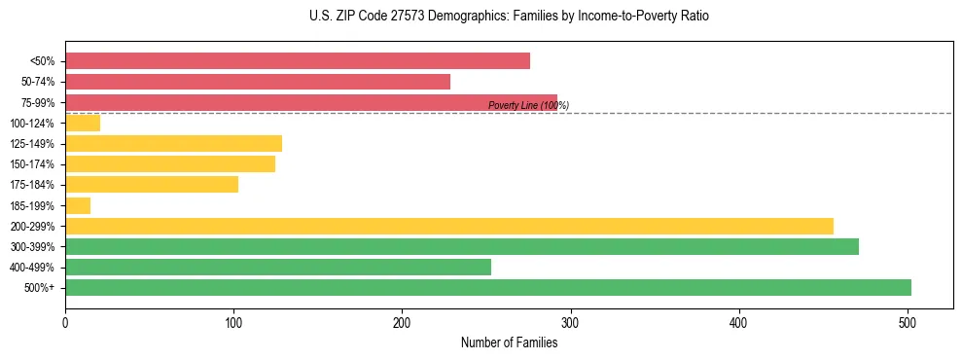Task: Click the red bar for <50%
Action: (x=297, y=61)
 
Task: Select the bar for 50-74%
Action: (x=258, y=82)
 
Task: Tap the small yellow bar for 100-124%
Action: (x=83, y=123)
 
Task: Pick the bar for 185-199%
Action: (x=78, y=205)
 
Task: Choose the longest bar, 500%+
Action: (x=487, y=287)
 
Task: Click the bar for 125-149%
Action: (x=173, y=144)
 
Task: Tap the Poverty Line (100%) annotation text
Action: (x=528, y=105)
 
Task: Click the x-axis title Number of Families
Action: (x=510, y=342)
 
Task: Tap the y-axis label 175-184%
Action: (x=33, y=185)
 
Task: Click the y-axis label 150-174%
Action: (x=33, y=164)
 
